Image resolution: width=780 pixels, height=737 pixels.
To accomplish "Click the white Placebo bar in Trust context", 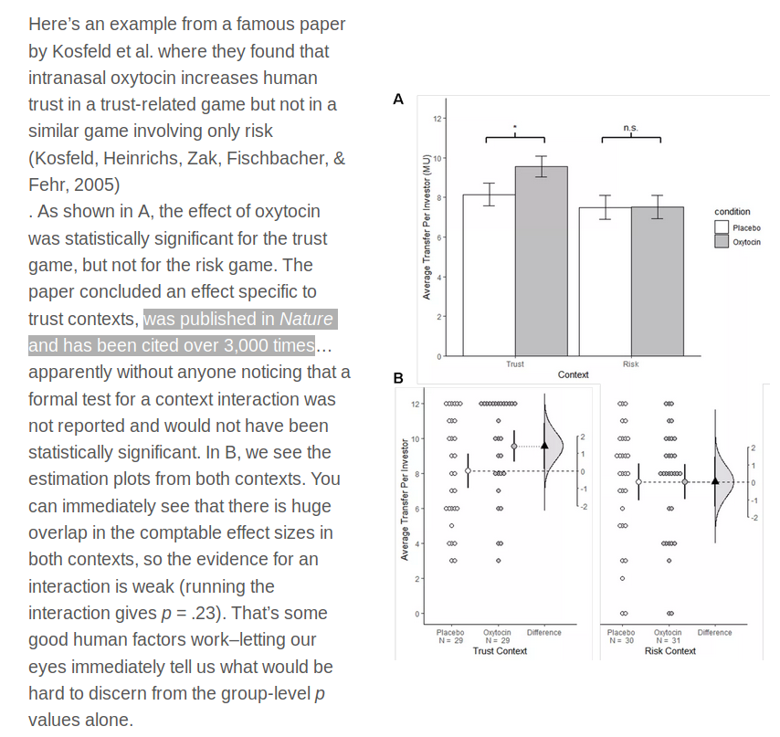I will click(489, 274).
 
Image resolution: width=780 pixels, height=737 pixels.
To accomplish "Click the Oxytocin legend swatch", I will click(721, 241).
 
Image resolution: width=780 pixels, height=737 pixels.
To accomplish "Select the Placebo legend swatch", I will click(721, 227).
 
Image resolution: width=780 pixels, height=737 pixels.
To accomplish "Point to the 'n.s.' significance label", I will click(630, 128).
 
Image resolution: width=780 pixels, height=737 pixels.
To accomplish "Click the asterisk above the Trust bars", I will click(515, 128).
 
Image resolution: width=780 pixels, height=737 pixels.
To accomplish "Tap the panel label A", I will click(397, 100).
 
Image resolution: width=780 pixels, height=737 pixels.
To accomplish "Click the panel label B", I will click(398, 377).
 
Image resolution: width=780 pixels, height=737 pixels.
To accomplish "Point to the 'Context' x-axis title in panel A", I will click(573, 374).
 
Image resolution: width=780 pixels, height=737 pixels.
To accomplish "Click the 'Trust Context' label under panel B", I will click(500, 651).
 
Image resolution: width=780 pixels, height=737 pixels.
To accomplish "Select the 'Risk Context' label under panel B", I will click(669, 651).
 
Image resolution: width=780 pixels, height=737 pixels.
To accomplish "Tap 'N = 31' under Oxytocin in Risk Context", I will click(668, 640).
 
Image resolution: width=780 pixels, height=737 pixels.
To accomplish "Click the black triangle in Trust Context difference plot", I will click(545, 445).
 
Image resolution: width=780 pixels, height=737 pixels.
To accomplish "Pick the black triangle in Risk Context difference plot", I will click(716, 480).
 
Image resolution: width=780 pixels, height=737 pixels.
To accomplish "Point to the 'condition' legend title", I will click(732, 212).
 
